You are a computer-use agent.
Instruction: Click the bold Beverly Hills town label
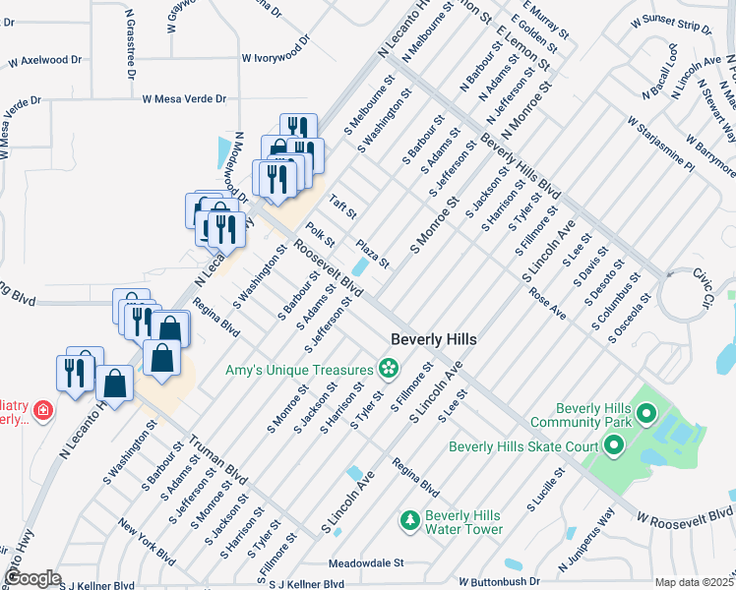tap(434, 338)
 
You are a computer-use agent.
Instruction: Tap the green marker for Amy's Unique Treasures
tap(388, 369)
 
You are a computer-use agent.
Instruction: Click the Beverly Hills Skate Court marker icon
tap(613, 447)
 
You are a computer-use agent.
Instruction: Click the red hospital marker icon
tap(41, 411)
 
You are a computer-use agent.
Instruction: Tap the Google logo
tap(32, 578)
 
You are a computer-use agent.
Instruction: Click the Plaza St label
tap(373, 253)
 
